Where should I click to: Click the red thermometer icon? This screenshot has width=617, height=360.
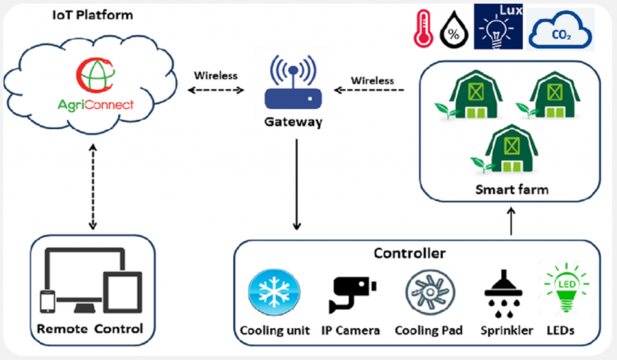pyautogui.click(x=423, y=29)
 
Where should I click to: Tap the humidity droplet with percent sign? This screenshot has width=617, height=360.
pyautogui.click(x=454, y=30)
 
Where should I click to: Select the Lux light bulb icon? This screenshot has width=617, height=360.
pyautogui.click(x=498, y=27)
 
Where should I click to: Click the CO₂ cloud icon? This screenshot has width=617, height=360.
pyautogui.click(x=560, y=30)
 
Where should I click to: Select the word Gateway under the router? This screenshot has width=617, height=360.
pyautogui.click(x=293, y=122)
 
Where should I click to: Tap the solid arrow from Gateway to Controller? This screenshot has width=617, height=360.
pyautogui.click(x=296, y=185)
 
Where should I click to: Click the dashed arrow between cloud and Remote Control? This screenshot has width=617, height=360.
pyautogui.click(x=93, y=186)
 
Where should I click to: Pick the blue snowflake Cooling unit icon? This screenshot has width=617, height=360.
pyautogui.click(x=274, y=292)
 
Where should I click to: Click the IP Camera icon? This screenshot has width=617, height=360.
pyautogui.click(x=351, y=294)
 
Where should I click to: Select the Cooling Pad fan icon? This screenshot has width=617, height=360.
pyautogui.click(x=430, y=292)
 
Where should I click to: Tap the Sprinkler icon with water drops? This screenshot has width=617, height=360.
pyautogui.click(x=503, y=294)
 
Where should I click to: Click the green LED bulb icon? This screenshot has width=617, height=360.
pyautogui.click(x=566, y=288)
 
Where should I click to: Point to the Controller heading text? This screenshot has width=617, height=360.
pyautogui.click(x=410, y=253)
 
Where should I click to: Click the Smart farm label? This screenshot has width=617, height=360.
pyautogui.click(x=512, y=189)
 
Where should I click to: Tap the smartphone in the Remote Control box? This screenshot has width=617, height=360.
pyautogui.click(x=48, y=302)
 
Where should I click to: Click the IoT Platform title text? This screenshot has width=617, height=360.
pyautogui.click(x=92, y=15)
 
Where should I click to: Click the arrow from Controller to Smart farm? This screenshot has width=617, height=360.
pyautogui.click(x=511, y=221)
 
